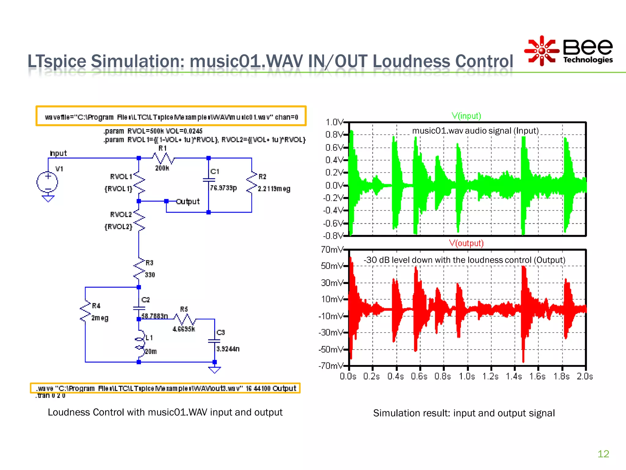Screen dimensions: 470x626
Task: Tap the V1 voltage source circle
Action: [47, 182]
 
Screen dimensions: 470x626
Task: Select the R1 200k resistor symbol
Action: [163, 159]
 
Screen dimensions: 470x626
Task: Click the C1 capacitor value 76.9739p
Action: [223, 188]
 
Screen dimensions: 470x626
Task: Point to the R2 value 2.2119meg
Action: [274, 189]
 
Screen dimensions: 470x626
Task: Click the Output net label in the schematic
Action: [188, 201]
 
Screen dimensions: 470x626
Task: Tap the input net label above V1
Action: [58, 153]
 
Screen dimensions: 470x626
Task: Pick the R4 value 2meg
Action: [100, 318]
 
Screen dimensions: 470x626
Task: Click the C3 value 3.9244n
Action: [228, 349]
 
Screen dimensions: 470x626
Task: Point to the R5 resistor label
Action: [184, 309]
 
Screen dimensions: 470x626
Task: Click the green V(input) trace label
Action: [466, 116]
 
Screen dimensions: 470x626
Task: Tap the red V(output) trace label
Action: [466, 243]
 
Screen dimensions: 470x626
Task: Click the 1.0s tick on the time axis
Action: [467, 376]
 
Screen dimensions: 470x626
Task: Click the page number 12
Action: [603, 453]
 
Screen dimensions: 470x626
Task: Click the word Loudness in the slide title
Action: [411, 61]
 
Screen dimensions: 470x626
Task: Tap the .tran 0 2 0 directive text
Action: [50, 396]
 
